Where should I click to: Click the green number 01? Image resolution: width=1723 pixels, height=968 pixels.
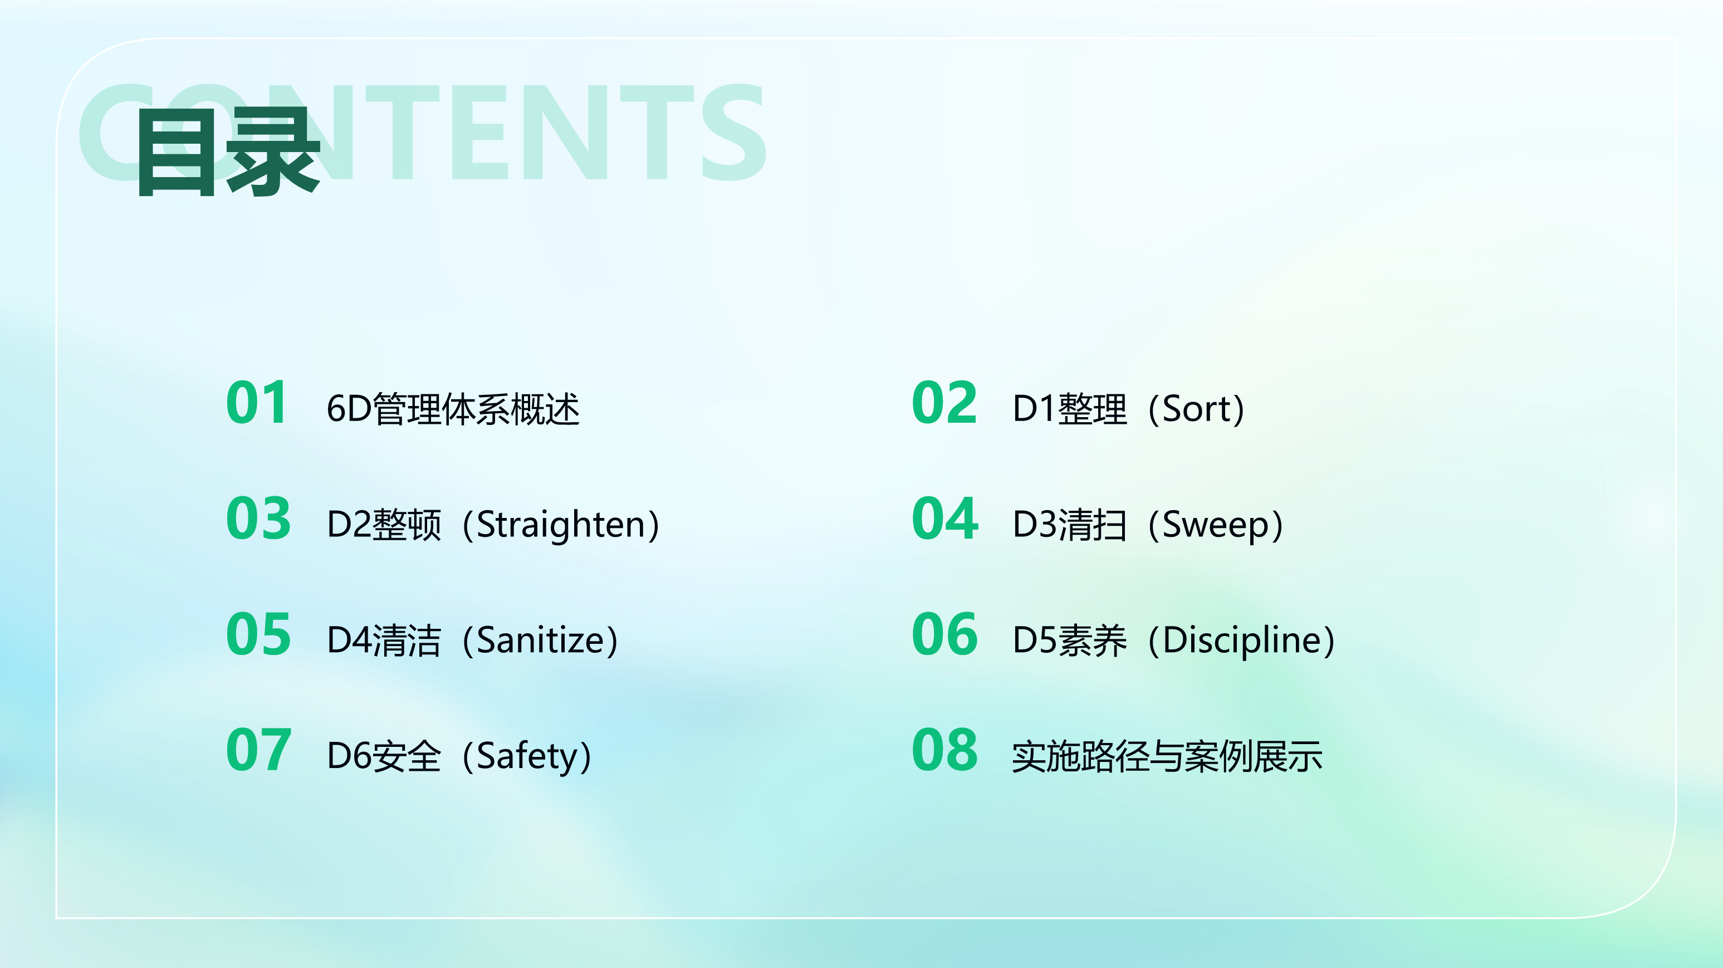click(257, 403)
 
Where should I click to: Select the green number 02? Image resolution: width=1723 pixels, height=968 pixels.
click(944, 403)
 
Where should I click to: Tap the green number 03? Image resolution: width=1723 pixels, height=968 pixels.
click(258, 519)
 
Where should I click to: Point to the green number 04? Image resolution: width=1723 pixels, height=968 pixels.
click(945, 519)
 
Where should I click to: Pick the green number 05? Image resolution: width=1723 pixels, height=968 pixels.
click(258, 634)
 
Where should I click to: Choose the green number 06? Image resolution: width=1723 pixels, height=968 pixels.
click(945, 634)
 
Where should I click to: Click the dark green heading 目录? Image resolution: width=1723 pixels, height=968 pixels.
click(228, 153)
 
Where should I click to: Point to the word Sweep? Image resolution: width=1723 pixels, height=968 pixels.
click(1215, 526)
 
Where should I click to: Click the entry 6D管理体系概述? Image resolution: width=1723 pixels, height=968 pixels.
click(453, 409)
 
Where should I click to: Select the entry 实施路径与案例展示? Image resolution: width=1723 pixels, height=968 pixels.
click(1167, 756)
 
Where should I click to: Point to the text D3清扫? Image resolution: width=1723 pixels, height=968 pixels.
click(1070, 525)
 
